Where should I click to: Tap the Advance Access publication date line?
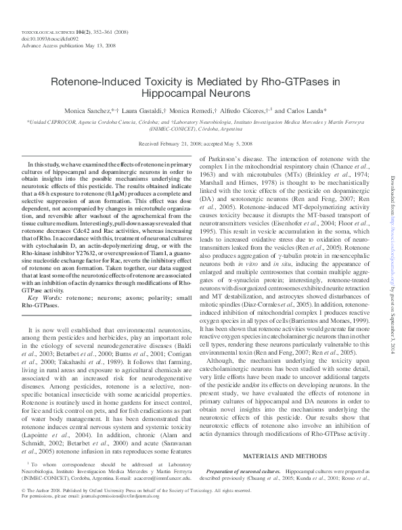point(60,45)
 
